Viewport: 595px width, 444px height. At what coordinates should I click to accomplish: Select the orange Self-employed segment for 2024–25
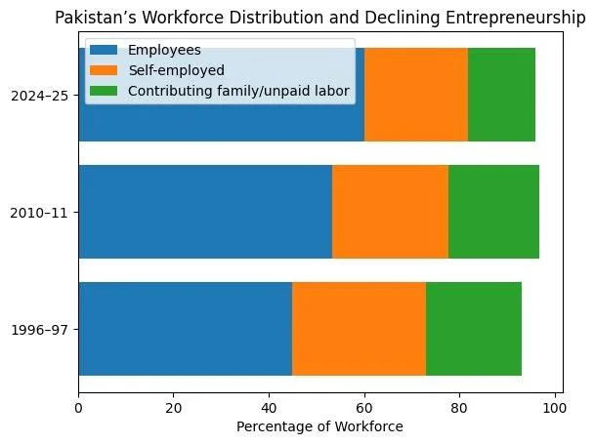click(x=416, y=95)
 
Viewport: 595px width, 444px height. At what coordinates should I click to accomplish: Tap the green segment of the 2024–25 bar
click(x=501, y=95)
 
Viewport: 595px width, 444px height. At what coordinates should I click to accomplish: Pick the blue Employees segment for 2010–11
click(x=205, y=212)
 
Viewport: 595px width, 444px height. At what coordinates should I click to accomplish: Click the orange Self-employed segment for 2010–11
click(x=390, y=212)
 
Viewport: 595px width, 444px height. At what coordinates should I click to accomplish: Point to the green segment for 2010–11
click(x=493, y=212)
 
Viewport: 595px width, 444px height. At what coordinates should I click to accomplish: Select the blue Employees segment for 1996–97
click(x=185, y=329)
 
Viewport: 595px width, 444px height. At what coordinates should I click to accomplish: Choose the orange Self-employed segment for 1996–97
click(x=359, y=329)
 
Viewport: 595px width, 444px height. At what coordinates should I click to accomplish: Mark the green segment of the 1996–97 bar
click(x=473, y=329)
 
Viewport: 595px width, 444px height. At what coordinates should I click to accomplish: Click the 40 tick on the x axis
click(x=269, y=399)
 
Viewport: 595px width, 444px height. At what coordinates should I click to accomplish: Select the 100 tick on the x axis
click(x=555, y=399)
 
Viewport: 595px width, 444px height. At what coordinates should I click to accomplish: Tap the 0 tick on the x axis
click(x=78, y=399)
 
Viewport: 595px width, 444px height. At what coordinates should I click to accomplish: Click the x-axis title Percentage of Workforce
click(x=320, y=425)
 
